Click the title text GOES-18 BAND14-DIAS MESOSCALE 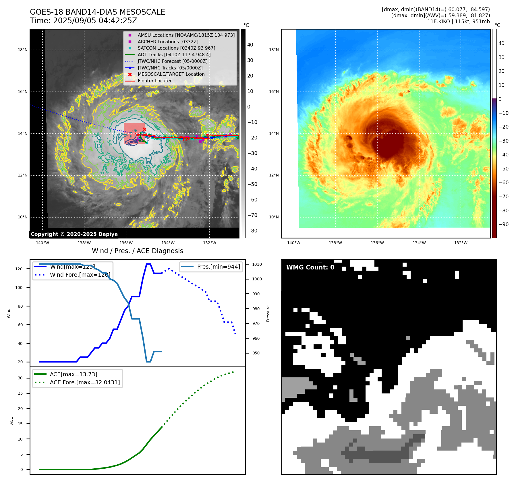click(x=97, y=12)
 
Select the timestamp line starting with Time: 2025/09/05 click(x=83, y=21)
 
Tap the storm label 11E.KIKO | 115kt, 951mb click(x=458, y=22)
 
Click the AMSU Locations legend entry click(x=186, y=35)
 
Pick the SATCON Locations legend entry click(x=176, y=48)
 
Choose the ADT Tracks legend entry click(x=174, y=55)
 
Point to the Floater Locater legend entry click(x=154, y=81)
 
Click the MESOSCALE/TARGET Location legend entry click(x=171, y=74)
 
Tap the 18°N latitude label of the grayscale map click(x=23, y=50)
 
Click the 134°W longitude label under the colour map click(x=419, y=243)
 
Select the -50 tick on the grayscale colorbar click(x=252, y=184)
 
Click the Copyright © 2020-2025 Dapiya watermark click(x=74, y=234)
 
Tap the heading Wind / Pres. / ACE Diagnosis click(x=137, y=251)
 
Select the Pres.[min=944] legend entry click(x=218, y=267)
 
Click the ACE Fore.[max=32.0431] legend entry click(x=85, y=382)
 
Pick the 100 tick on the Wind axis click(x=19, y=288)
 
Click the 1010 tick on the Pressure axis click(x=257, y=264)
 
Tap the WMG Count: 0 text click(x=310, y=267)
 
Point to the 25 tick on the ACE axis click(x=20, y=393)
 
